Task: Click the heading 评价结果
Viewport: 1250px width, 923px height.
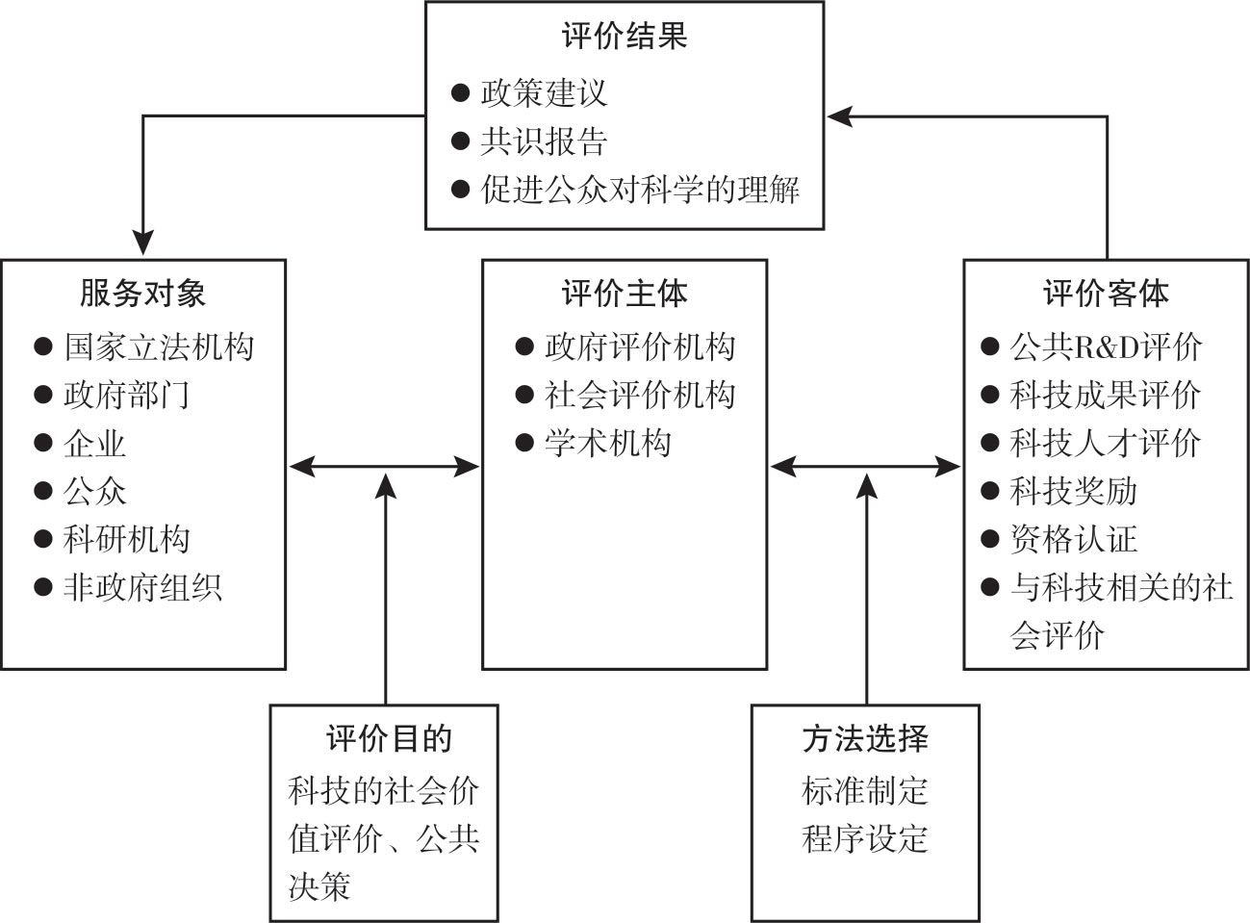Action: click(x=624, y=38)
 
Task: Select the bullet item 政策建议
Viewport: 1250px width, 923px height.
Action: click(x=544, y=93)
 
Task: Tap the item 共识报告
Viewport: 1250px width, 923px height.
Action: click(x=544, y=141)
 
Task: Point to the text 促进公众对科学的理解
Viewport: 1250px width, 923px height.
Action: click(x=640, y=189)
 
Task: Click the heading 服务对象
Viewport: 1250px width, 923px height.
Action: click(x=142, y=293)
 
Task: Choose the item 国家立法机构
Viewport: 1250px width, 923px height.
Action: click(x=159, y=346)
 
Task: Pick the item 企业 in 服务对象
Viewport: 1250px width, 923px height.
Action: click(x=94, y=443)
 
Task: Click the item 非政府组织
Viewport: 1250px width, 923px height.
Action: click(x=142, y=587)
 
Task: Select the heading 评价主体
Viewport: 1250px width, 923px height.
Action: click(x=624, y=293)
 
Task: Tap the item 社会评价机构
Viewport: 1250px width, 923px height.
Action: click(x=640, y=395)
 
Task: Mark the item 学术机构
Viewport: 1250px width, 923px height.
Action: click(x=607, y=443)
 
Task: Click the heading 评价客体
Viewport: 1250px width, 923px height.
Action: click(x=1106, y=293)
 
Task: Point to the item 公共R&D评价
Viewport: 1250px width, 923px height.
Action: click(x=1106, y=346)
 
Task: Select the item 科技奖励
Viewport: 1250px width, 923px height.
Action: click(x=1073, y=491)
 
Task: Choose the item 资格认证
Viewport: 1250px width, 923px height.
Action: click(x=1073, y=539)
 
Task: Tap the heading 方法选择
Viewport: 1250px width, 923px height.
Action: click(x=865, y=739)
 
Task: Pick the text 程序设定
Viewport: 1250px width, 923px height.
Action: click(x=865, y=838)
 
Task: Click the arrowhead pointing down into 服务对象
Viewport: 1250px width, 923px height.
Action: click(x=143, y=244)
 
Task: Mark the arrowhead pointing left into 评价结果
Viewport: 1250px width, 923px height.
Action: click(x=839, y=116)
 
